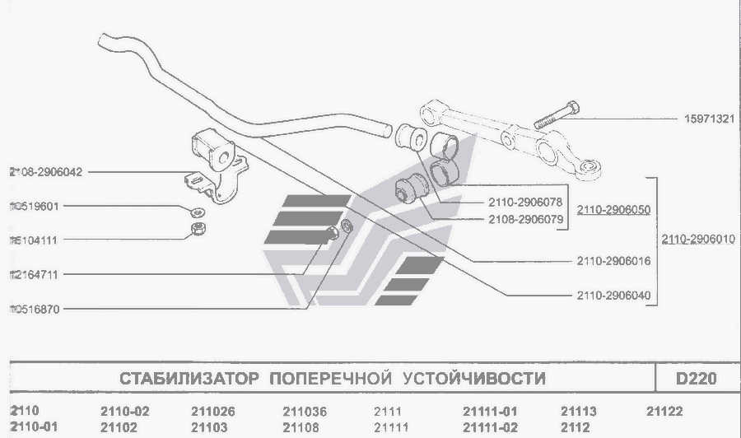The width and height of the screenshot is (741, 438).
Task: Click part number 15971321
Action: pyautogui.click(x=704, y=118)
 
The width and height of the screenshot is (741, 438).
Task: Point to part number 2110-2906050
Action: pyautogui.click(x=613, y=211)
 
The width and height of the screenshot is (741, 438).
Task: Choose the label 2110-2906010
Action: pyautogui.click(x=700, y=240)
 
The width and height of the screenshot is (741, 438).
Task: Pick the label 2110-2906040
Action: pyautogui.click(x=613, y=294)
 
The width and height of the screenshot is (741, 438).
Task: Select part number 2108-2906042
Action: pyautogui.click(x=46, y=172)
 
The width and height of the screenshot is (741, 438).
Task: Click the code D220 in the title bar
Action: pyautogui.click(x=697, y=379)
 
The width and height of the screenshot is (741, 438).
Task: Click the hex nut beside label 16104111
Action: pyautogui.click(x=198, y=229)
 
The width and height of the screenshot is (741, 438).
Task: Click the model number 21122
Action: pyautogui.click(x=664, y=411)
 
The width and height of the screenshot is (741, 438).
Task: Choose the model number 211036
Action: pyautogui.click(x=305, y=411)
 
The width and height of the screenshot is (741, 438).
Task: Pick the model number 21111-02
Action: pyautogui.click(x=490, y=426)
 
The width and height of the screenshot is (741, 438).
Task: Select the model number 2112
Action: pyautogui.click(x=575, y=426)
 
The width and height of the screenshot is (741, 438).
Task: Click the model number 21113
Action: pyautogui.click(x=578, y=411)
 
